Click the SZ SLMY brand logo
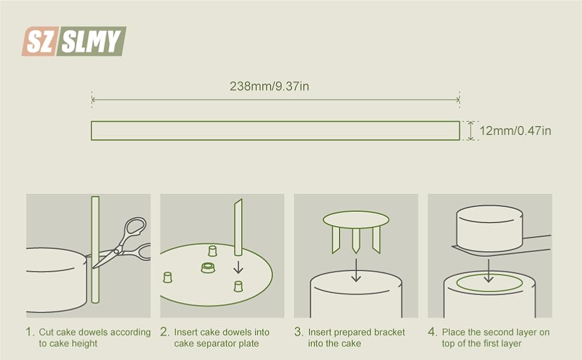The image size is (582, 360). (74, 41)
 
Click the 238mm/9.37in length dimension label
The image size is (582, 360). (269, 86)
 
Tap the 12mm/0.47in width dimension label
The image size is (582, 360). (515, 131)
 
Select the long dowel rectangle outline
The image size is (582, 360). (275, 131)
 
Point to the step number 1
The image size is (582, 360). (29, 332)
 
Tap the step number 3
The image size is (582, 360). (298, 332)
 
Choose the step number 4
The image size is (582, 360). (432, 332)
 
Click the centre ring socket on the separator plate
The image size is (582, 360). (208, 268)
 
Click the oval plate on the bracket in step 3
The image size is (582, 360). (356, 219)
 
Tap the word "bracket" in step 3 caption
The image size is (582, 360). (389, 332)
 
